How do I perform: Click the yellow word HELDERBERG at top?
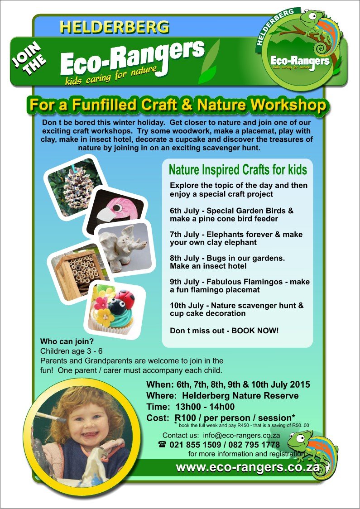[x=114, y=27]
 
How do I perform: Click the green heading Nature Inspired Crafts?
[x=238, y=169]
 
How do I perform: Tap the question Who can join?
[x=67, y=342]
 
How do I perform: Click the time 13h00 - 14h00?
[x=205, y=407]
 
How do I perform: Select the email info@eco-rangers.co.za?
[x=241, y=435]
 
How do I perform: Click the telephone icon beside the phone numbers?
[x=162, y=444]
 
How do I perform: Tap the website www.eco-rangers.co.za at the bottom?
[x=248, y=467]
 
